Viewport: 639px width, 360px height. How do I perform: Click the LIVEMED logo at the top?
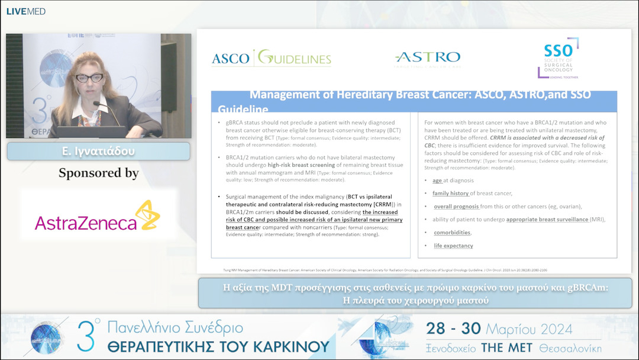26,11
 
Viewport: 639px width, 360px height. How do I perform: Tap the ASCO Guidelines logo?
272,59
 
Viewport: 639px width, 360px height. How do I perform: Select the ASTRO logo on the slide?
428,59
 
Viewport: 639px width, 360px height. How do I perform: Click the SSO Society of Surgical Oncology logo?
559,59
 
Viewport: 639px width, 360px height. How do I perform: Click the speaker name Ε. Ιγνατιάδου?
98,152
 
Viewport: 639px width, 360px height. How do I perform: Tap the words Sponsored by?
98,173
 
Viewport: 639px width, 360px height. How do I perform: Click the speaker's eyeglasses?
89,77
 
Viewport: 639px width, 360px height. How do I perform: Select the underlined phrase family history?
451,193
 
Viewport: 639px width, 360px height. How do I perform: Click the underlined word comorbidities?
452,233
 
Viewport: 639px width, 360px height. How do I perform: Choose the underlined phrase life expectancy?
453,246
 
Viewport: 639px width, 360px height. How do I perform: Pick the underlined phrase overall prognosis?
456,206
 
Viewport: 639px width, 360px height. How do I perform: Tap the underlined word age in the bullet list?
437,180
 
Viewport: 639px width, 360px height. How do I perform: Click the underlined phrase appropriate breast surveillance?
547,219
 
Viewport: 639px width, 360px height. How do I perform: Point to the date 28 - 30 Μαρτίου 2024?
499,329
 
